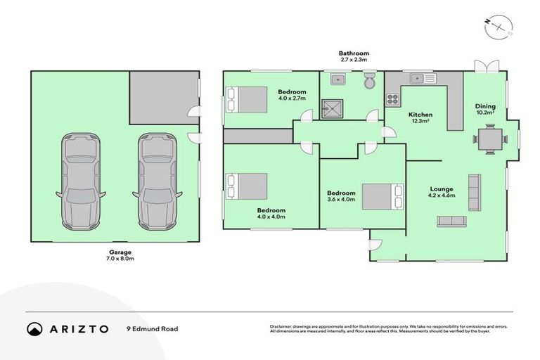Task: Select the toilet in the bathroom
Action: point(370,82)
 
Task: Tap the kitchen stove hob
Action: point(392,101)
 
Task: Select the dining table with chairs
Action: point(490,139)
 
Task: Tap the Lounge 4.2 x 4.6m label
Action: point(442,193)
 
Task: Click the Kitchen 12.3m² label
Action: point(420,118)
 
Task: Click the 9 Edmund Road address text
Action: point(152,328)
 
